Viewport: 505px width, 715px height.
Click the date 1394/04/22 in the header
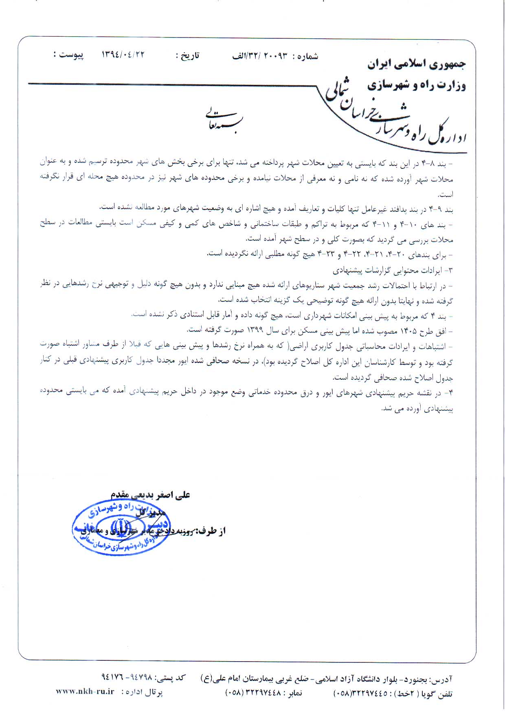pyautogui.click(x=123, y=54)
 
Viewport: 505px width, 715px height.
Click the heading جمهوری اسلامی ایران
pyautogui.click(x=416, y=64)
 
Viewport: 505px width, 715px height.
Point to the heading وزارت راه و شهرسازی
pyautogui.click(x=416, y=85)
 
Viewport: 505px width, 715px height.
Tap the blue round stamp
pyautogui.click(x=121, y=527)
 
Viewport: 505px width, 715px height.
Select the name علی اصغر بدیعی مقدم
pyautogui.click(x=150, y=494)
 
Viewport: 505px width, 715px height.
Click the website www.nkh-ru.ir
pyautogui.click(x=85, y=692)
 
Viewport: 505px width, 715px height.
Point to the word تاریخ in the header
pyautogui.click(x=191, y=55)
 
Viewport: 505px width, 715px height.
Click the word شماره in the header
pyautogui.click(x=308, y=56)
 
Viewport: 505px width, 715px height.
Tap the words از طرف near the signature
pyautogui.click(x=211, y=531)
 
